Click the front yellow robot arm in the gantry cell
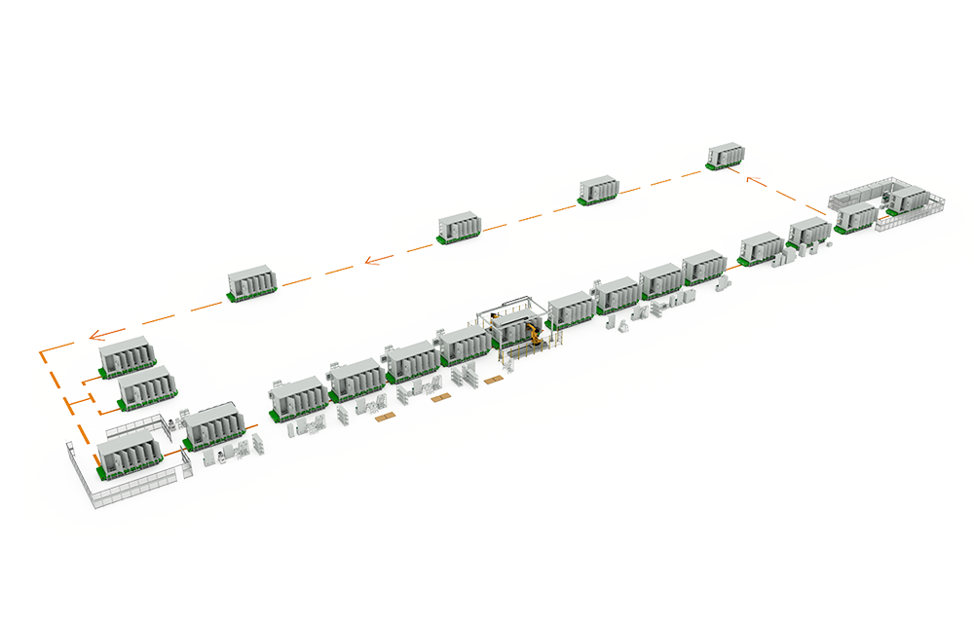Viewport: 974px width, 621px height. pos(535,336)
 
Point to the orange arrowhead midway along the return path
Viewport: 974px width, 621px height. pos(371,259)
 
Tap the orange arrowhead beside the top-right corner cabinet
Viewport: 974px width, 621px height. pos(752,179)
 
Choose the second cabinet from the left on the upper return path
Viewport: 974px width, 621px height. pos(459,226)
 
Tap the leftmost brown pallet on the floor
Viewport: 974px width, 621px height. pos(388,420)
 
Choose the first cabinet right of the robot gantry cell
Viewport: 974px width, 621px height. pos(572,308)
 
